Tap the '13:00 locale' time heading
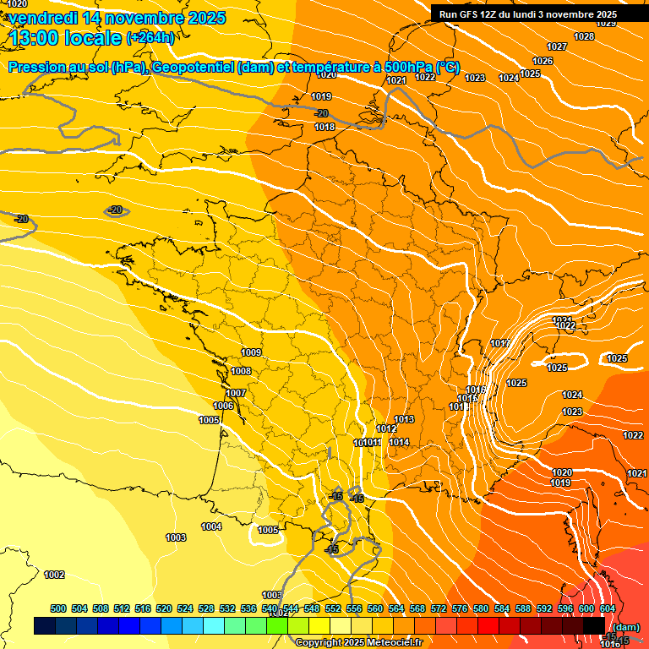click(63, 37)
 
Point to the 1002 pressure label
click(54, 575)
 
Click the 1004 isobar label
click(211, 527)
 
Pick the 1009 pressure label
click(251, 352)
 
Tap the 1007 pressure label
click(236, 393)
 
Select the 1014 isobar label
click(399, 442)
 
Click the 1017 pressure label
click(499, 343)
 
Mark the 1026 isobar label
click(543, 61)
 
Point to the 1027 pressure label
click(557, 46)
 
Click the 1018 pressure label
click(324, 127)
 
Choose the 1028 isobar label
click(583, 36)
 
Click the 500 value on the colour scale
click(58, 608)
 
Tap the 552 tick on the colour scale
click(333, 608)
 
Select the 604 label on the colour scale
click(608, 608)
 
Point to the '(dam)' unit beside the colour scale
click(625, 626)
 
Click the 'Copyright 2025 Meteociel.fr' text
click(358, 642)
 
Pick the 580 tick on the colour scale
click(481, 608)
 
